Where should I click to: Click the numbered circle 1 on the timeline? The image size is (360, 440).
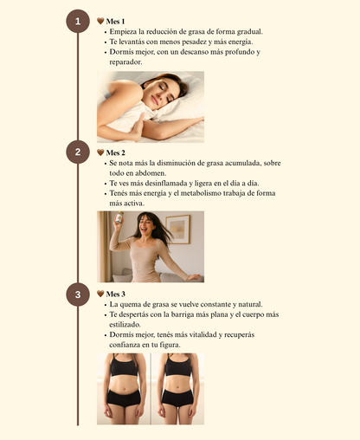[x=78, y=22]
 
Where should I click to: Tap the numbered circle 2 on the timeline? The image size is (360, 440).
[x=78, y=152]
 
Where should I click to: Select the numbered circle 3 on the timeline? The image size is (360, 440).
[x=78, y=294]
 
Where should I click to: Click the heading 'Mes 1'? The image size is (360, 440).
[x=116, y=21]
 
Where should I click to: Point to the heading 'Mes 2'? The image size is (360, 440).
[x=116, y=152]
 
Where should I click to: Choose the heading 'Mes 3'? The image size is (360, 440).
[x=116, y=294]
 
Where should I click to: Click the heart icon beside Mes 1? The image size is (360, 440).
[x=100, y=21]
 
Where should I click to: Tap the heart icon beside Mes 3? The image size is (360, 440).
[x=100, y=294]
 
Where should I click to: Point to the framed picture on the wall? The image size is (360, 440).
[x=178, y=230]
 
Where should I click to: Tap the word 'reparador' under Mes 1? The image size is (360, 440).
[x=125, y=62]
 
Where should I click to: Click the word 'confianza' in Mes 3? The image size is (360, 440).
[x=126, y=345]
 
